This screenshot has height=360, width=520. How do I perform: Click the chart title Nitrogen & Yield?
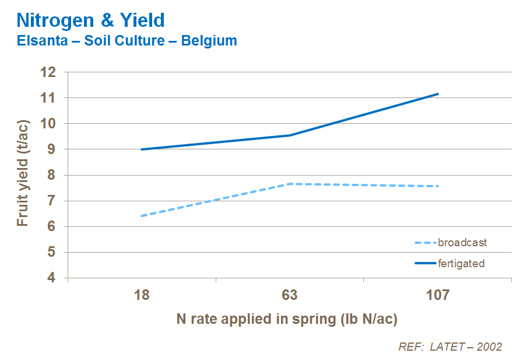(x=90, y=20)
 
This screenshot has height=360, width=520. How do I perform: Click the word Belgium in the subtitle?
(x=209, y=41)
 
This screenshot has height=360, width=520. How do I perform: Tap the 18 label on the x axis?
(x=142, y=295)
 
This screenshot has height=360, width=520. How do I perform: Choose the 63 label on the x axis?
(x=290, y=295)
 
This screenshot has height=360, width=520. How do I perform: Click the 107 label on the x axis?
(x=438, y=295)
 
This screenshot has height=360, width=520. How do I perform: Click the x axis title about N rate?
(x=287, y=319)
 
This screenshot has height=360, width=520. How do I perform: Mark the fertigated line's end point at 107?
(x=438, y=94)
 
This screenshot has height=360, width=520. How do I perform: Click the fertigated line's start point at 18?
(x=142, y=149)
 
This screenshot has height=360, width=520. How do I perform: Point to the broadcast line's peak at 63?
(x=290, y=184)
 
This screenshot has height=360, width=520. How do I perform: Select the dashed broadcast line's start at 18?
(x=142, y=216)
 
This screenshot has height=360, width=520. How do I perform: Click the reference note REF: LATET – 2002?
(x=450, y=347)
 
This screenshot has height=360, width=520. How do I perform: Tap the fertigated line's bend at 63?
(x=290, y=135)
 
